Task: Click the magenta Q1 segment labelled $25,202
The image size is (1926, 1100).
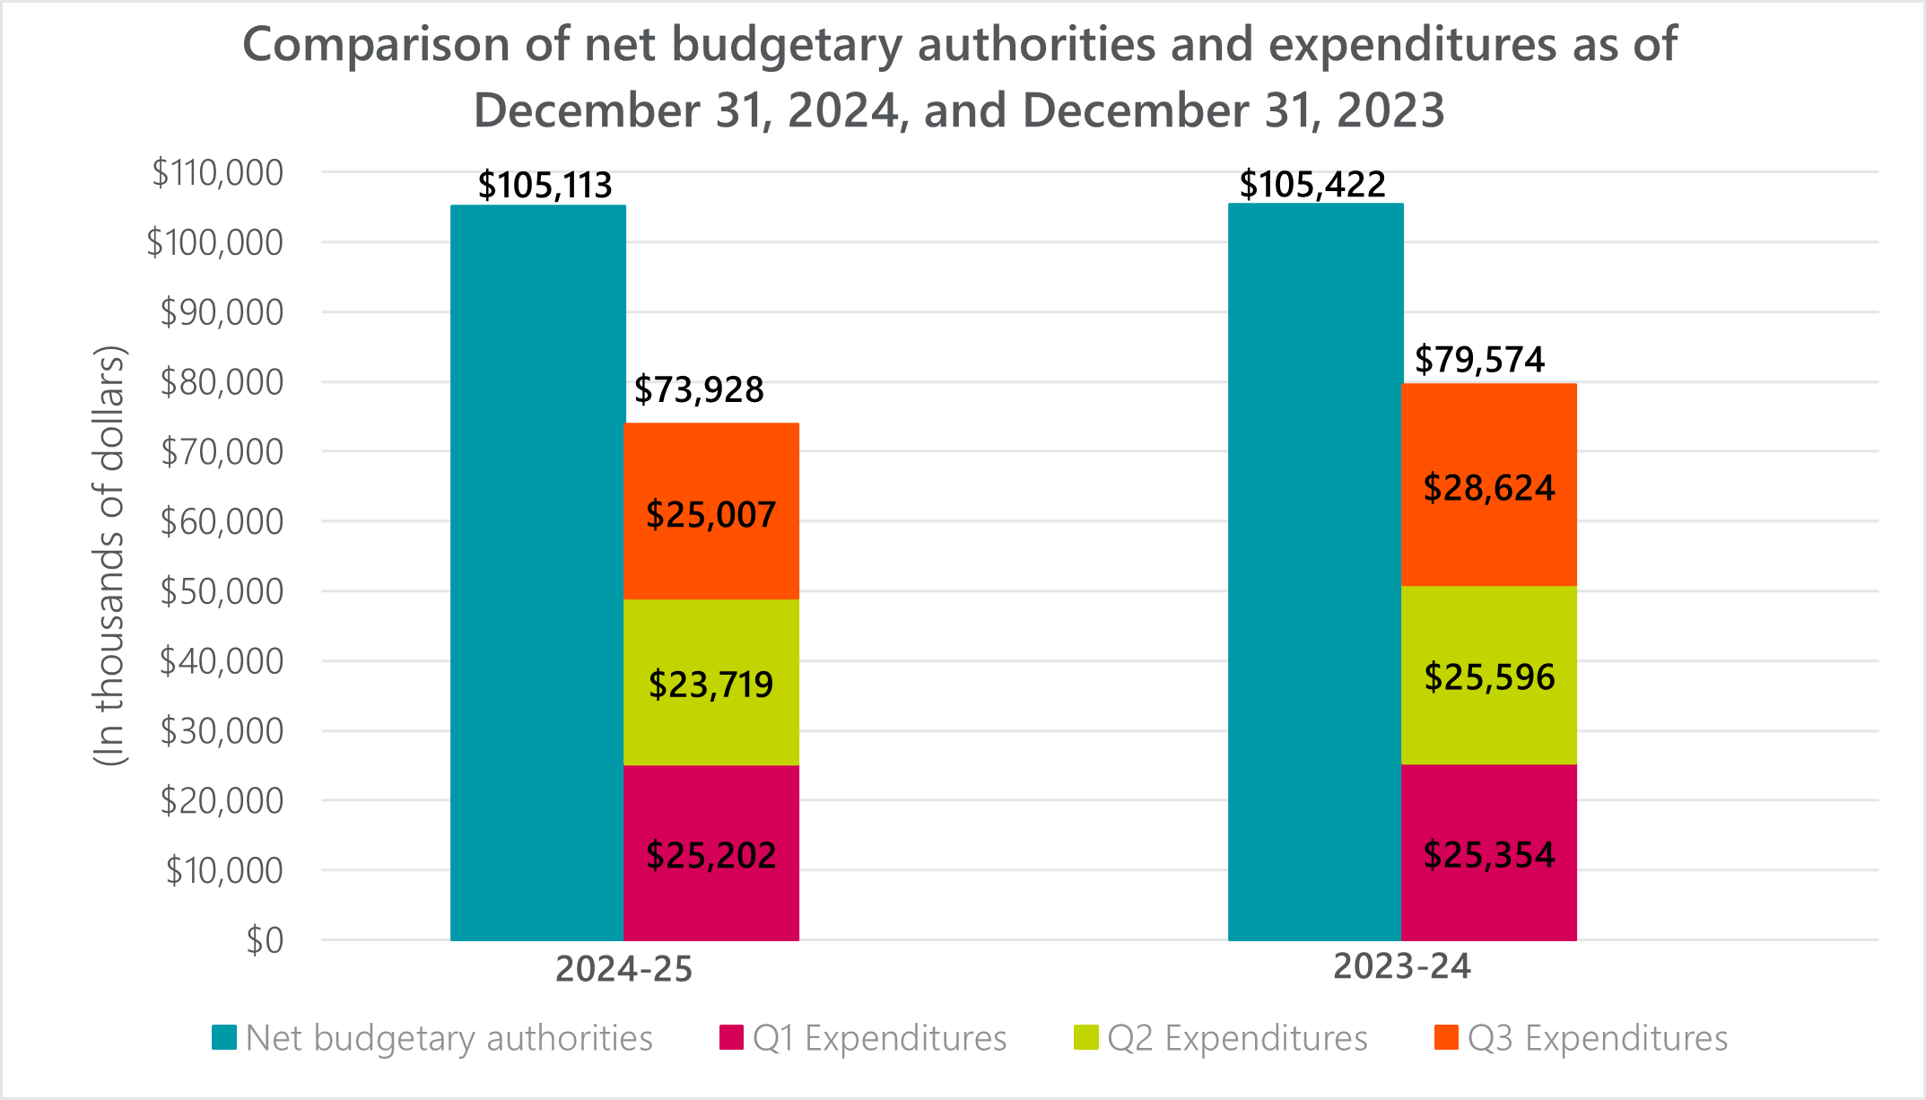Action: [711, 853]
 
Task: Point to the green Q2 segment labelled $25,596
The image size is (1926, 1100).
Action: [1489, 675]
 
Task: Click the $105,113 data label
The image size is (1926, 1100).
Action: [545, 186]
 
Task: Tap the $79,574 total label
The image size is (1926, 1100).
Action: [1479, 360]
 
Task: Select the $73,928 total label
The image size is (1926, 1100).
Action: [699, 389]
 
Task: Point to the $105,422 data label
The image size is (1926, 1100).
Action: [1312, 185]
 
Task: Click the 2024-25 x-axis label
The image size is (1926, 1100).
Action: [623, 970]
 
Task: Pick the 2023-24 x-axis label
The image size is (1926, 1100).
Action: [1401, 966]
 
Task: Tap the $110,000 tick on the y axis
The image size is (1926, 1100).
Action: [217, 172]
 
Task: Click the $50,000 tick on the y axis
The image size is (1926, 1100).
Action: [222, 591]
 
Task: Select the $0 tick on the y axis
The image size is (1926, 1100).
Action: [265, 940]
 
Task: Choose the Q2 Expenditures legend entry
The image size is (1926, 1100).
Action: [1222, 1038]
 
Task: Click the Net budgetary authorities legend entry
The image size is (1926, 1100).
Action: [432, 1038]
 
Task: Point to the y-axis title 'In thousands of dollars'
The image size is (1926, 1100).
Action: [110, 556]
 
